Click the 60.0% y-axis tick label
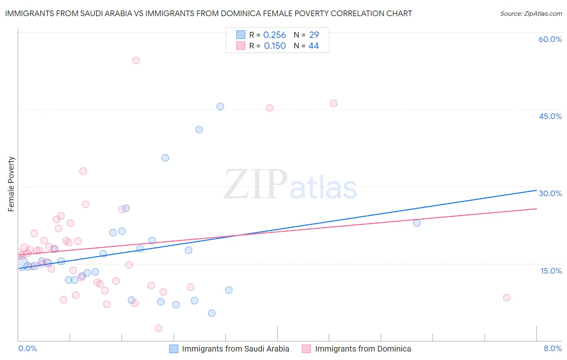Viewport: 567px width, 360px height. (x=550, y=39)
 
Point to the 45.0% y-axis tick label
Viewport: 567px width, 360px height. (x=550, y=116)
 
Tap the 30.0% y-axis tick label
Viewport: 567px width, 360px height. (x=550, y=193)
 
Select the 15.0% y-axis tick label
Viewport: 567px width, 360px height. (x=551, y=271)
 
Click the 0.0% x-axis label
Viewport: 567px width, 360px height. (x=27, y=348)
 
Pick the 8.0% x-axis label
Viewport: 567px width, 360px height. (x=552, y=348)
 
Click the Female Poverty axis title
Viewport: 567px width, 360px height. (x=11, y=184)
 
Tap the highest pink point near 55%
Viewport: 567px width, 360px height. (x=136, y=61)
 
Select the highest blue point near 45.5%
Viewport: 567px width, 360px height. (x=220, y=107)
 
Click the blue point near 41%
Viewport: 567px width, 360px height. (x=199, y=130)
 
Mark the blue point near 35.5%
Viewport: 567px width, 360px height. (x=165, y=158)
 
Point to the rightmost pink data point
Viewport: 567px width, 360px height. (x=507, y=297)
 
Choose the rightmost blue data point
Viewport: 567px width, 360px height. (x=417, y=223)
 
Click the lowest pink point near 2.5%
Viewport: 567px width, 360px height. (x=159, y=329)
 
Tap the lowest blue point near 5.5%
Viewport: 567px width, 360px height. (x=212, y=313)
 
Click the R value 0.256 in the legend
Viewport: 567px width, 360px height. (x=274, y=35)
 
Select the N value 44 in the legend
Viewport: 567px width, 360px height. (x=313, y=46)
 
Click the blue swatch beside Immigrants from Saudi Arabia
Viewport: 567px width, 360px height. (x=174, y=349)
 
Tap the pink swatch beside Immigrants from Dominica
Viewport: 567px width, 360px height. (x=306, y=349)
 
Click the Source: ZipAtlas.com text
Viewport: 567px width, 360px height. (x=531, y=14)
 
